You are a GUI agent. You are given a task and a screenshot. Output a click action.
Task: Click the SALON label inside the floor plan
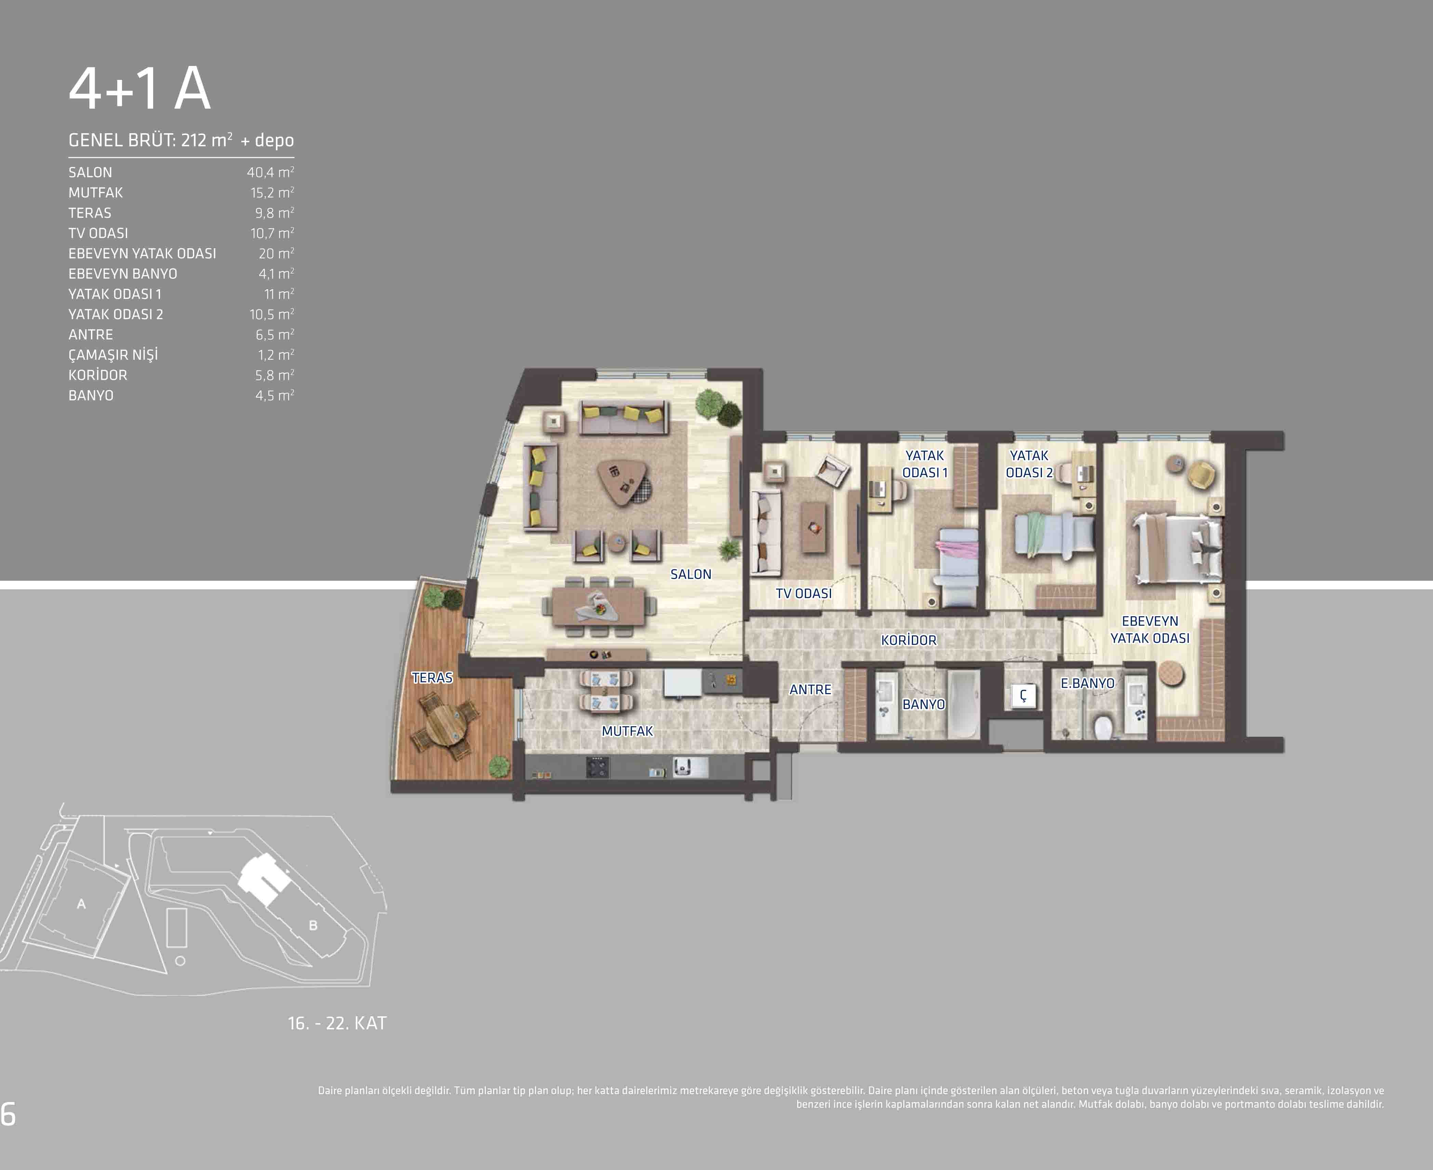(691, 574)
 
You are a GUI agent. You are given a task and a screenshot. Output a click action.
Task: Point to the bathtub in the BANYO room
(963, 704)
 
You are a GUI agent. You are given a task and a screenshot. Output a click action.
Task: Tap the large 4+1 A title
(139, 88)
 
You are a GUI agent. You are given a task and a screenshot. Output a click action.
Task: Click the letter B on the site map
(313, 925)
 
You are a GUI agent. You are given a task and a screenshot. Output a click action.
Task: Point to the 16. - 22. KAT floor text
(337, 1023)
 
